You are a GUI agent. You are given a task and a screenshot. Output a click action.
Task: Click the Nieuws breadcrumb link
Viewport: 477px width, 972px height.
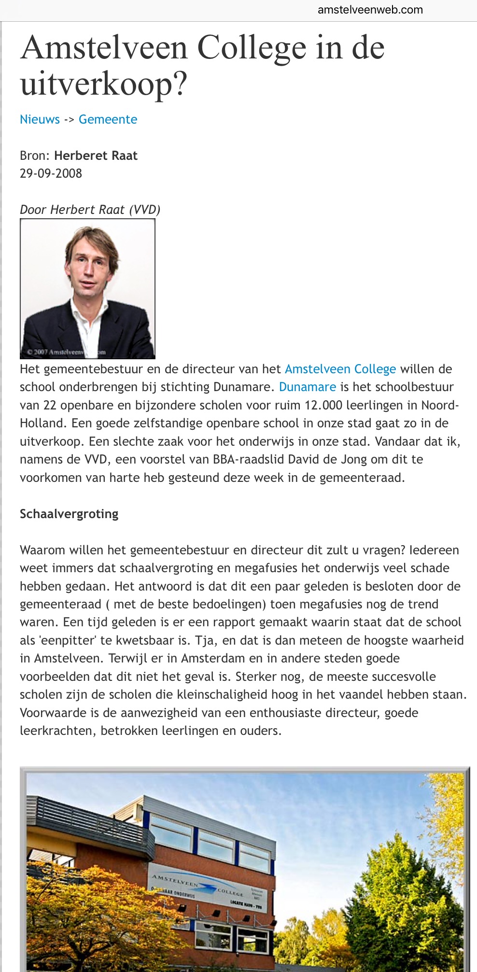[x=40, y=119]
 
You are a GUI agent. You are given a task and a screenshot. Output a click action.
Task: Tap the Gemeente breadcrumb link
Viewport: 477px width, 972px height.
[x=108, y=119]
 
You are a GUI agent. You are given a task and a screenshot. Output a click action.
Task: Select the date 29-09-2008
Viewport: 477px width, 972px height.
[x=51, y=173]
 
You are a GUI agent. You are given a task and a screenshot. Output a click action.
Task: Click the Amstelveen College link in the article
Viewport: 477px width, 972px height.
[x=340, y=369]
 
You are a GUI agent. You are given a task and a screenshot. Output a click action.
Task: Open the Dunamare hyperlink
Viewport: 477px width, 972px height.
[x=307, y=387]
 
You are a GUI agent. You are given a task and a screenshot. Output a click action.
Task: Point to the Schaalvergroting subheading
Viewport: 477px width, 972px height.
[x=69, y=514]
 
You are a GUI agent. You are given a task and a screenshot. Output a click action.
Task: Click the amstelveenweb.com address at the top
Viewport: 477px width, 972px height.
[x=370, y=10]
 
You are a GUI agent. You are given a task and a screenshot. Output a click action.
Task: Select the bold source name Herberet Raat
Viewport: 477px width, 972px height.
[x=96, y=155]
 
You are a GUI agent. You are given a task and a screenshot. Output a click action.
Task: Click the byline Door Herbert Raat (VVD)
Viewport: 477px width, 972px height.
[x=90, y=210]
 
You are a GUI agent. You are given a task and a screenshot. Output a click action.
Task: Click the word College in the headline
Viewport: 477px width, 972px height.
[x=253, y=48]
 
